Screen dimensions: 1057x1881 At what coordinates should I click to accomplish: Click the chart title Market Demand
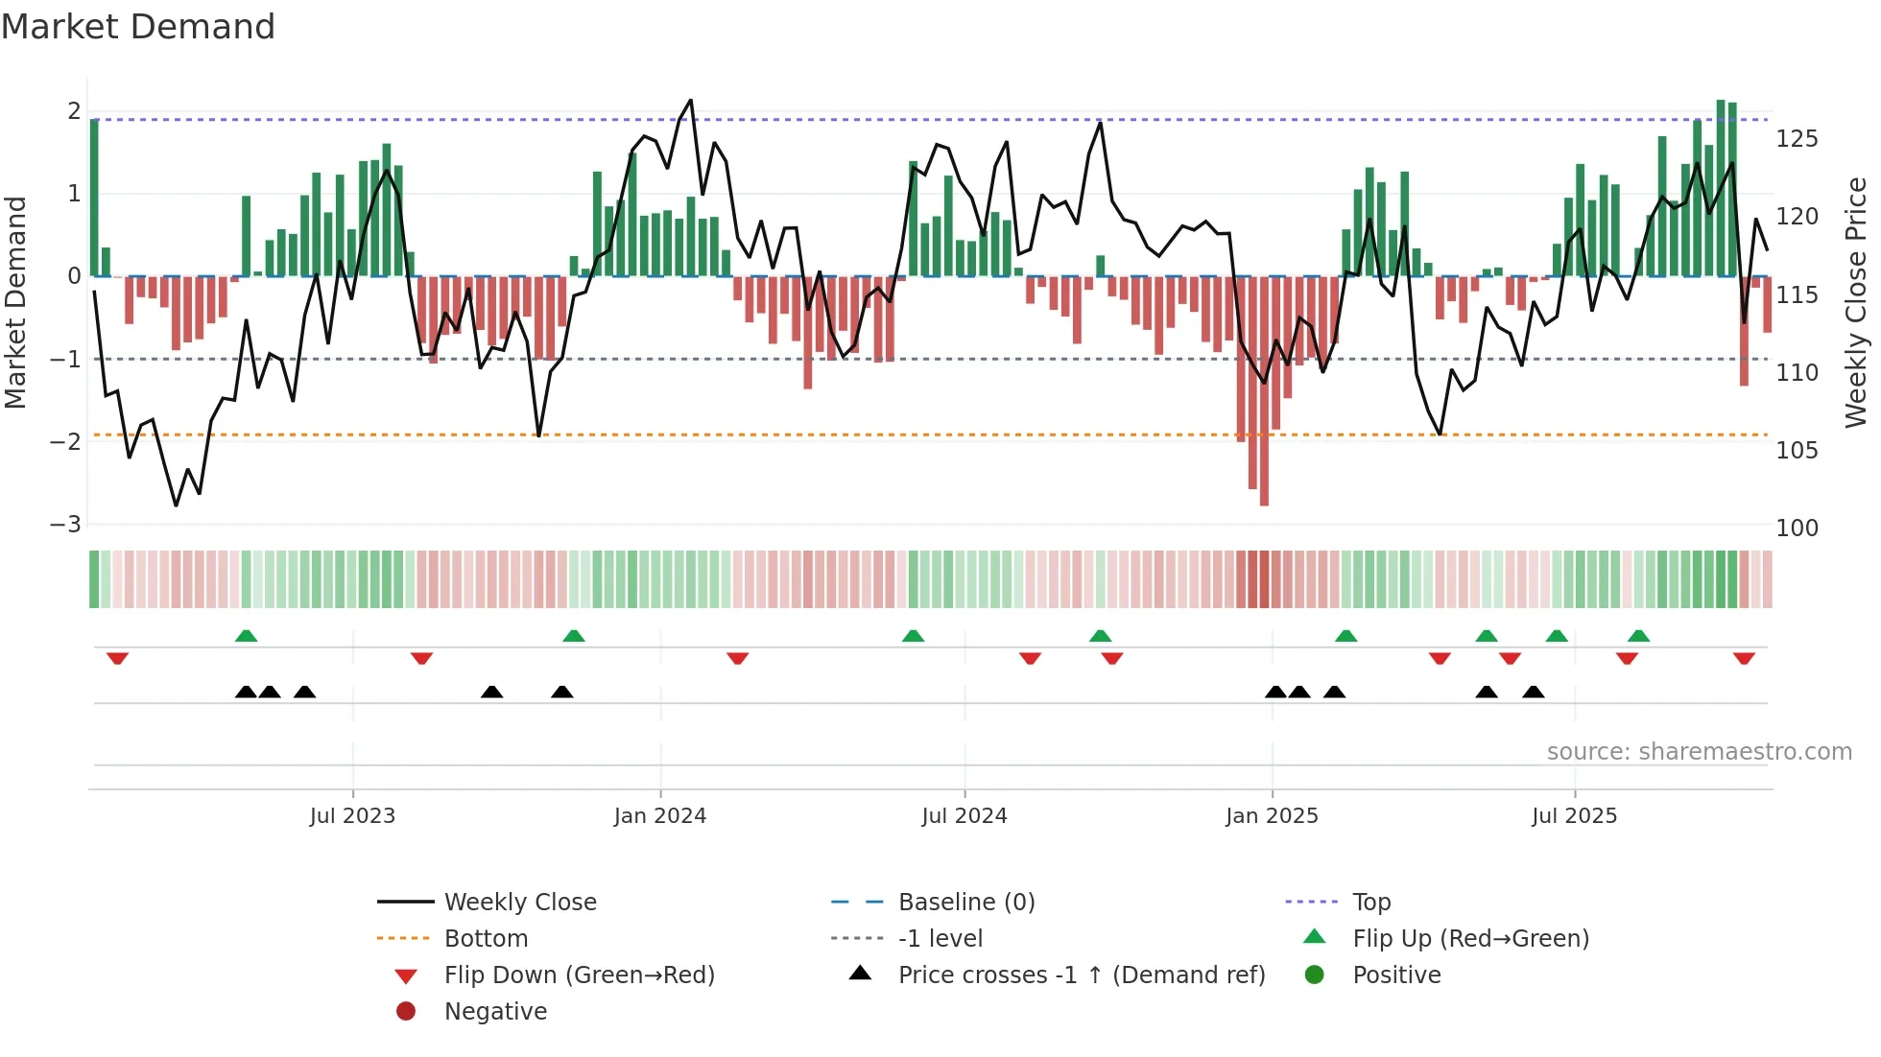[138, 26]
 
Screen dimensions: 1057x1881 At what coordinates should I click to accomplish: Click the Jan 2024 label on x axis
[659, 815]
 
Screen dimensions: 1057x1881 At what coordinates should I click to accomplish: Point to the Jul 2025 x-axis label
[1574, 815]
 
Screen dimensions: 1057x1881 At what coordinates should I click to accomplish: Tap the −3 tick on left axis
[66, 525]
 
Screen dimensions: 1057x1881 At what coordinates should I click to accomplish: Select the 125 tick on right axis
[1797, 139]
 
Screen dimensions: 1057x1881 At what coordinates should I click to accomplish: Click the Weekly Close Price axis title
[1856, 302]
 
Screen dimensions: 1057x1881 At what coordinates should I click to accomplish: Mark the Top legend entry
[1370, 902]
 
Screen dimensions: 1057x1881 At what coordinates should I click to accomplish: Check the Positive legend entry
[1396, 975]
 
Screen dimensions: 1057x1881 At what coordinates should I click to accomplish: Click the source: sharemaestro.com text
[1699, 751]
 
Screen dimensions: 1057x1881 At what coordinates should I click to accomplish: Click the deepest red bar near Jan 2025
[1264, 393]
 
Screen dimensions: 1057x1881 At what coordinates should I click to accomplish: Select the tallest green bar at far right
[1721, 188]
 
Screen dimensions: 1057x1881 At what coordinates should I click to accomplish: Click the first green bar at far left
[94, 197]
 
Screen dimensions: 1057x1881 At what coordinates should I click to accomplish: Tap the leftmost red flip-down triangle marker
[117, 658]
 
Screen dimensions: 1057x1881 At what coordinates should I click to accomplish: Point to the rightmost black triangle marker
[1533, 692]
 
